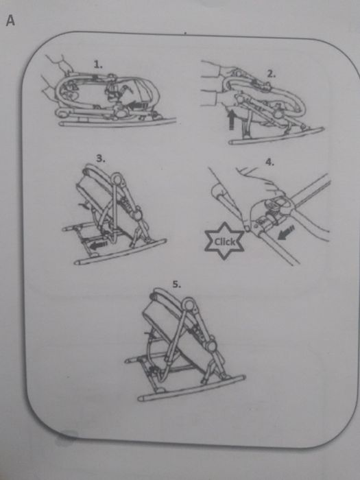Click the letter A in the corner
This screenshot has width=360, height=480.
pyautogui.click(x=10, y=21)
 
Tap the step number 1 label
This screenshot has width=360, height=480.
pyautogui.click(x=98, y=64)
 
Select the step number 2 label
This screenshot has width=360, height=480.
pyautogui.click(x=272, y=74)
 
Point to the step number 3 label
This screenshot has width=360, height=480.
pyautogui.click(x=101, y=158)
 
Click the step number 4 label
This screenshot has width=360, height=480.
pyautogui.click(x=269, y=163)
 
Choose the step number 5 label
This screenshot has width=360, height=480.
pyautogui.click(x=177, y=285)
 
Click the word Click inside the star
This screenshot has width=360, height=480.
pyautogui.click(x=225, y=242)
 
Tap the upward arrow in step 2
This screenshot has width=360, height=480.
pyautogui.click(x=232, y=119)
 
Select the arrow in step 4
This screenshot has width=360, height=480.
pyautogui.click(x=286, y=232)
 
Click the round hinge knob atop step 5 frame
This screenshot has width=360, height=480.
pyautogui.click(x=189, y=305)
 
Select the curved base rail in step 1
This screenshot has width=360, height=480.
pyautogui.click(x=117, y=123)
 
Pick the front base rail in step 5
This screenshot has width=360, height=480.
pyautogui.click(x=191, y=388)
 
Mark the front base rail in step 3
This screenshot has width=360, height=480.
pyautogui.click(x=120, y=252)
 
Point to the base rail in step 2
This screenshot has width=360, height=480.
pyautogui.click(x=276, y=136)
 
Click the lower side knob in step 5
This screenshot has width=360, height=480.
pyautogui.click(x=211, y=346)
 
